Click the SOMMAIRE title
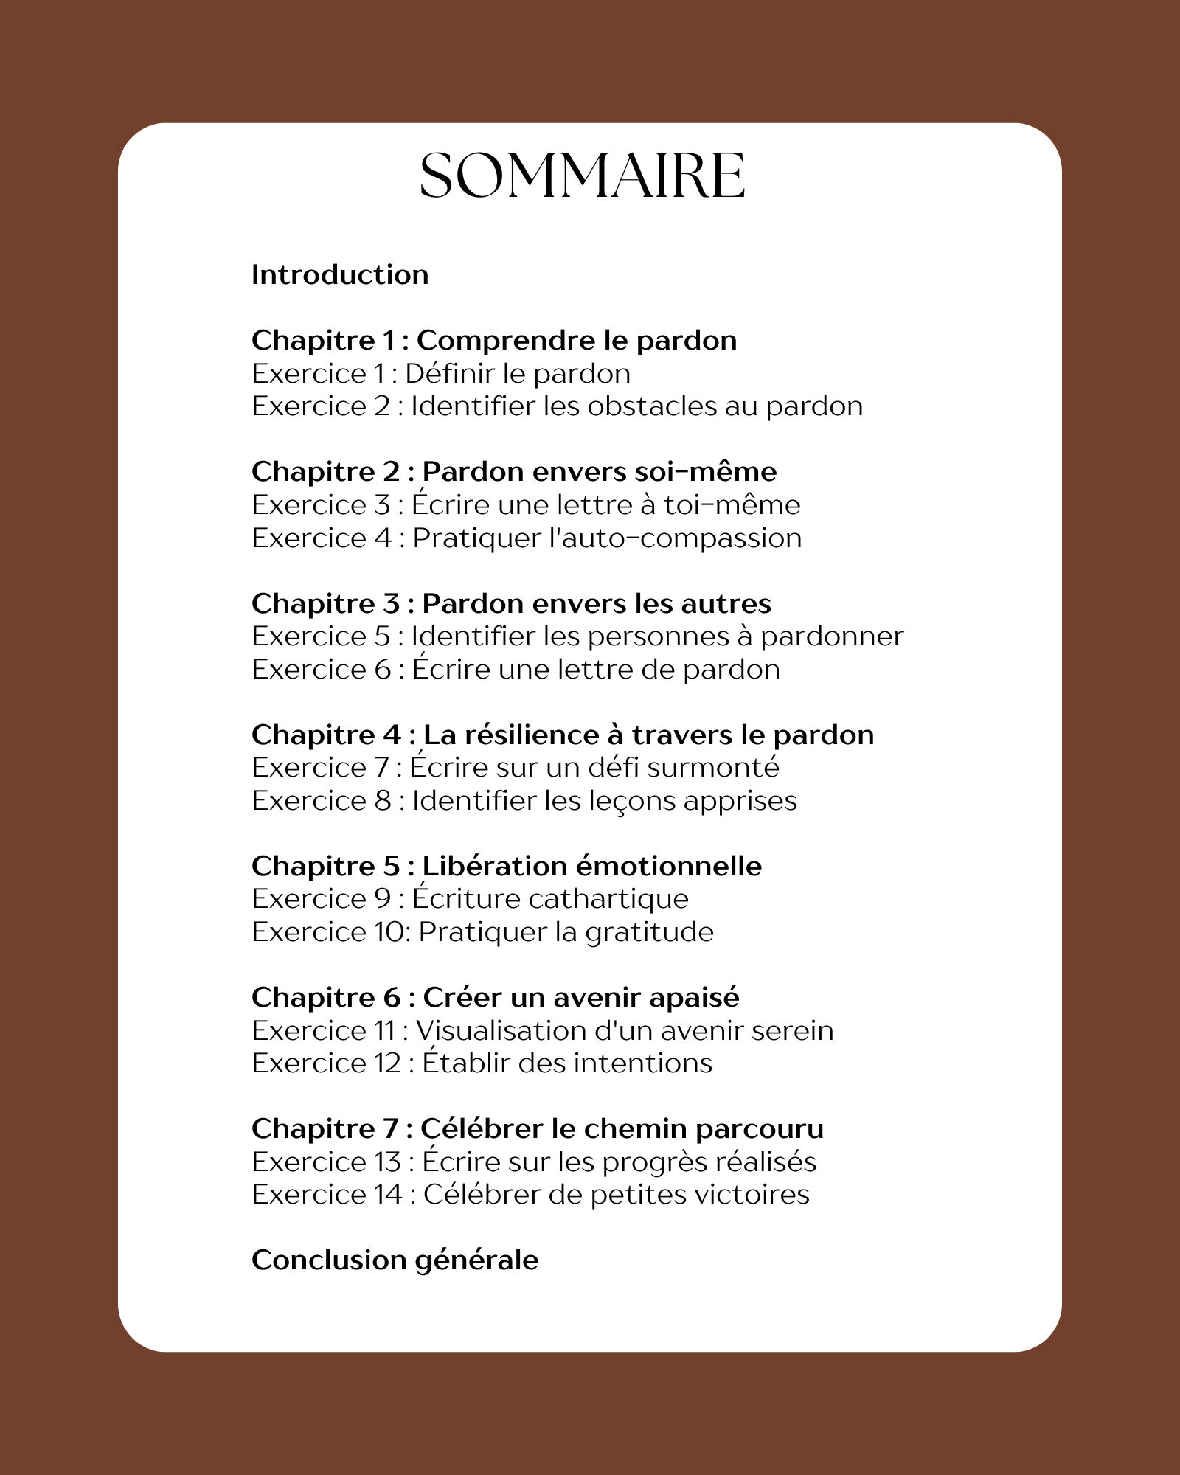coord(582,176)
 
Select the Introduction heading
coord(340,275)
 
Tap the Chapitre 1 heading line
coord(494,341)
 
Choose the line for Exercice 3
coord(526,505)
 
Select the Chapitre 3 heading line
coord(511,604)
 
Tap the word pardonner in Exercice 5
coord(831,636)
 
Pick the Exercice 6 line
coord(516,670)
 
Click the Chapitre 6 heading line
coord(495,998)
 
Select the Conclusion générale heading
coord(395,1260)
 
